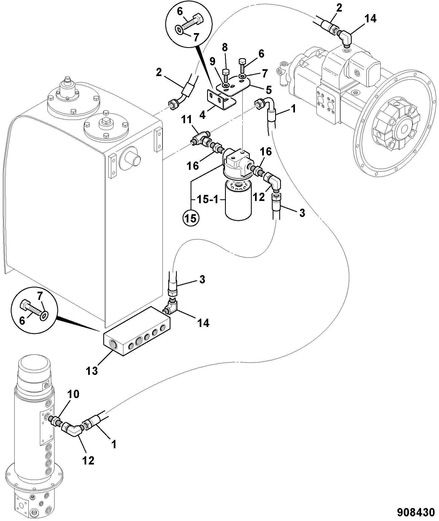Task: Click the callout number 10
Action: pos(73,394)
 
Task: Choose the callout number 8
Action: pos(225,48)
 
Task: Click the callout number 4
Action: pos(203,115)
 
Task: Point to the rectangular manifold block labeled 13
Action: pos(137,331)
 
